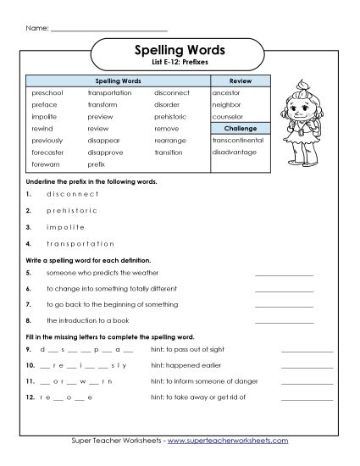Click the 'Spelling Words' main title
coord(180,50)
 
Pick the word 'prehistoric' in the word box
coord(172,116)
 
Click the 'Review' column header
coord(241,79)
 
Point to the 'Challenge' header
coord(241,128)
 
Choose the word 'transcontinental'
coord(238,141)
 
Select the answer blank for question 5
coord(284,274)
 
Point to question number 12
coord(29,397)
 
